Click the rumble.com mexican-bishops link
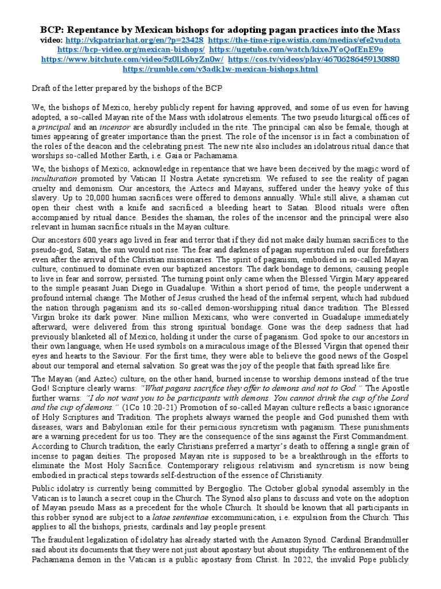pyautogui.click(x=220, y=69)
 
